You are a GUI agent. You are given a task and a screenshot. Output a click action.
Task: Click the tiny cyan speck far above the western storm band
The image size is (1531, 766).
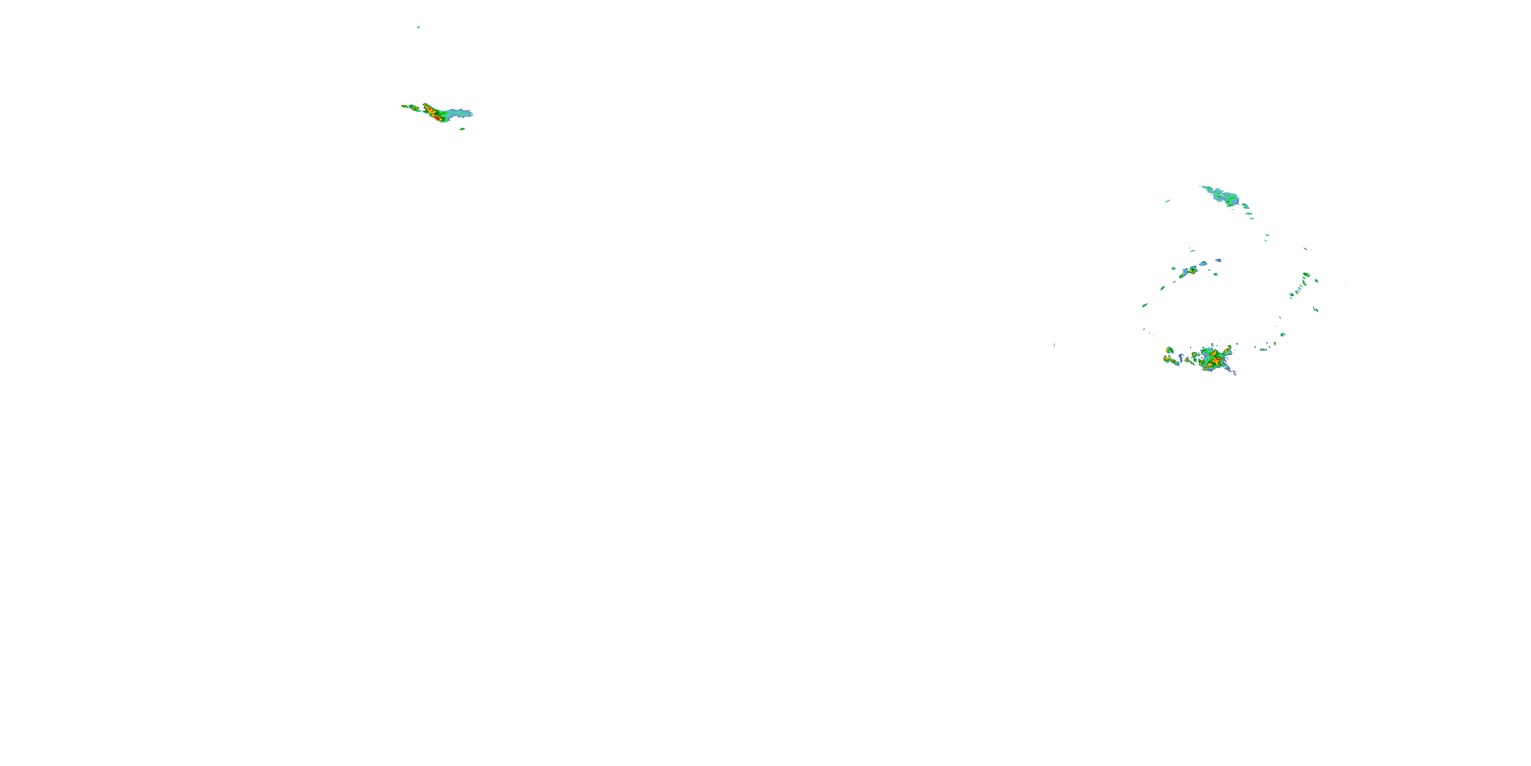[418, 27]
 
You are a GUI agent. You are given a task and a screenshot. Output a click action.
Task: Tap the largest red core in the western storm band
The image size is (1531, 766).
[437, 118]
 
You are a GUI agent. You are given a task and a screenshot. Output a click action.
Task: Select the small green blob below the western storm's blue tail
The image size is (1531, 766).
[462, 129]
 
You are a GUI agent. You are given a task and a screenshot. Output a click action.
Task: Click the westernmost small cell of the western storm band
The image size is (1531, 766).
[405, 106]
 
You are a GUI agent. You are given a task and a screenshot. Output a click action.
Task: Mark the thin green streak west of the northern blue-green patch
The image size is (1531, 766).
[1168, 201]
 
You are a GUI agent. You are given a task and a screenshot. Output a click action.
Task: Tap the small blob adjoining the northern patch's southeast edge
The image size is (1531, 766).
[1245, 206]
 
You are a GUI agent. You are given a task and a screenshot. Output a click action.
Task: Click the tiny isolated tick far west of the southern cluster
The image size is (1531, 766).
[1054, 344]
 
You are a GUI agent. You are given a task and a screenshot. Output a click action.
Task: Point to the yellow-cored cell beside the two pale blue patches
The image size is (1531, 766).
[1191, 271]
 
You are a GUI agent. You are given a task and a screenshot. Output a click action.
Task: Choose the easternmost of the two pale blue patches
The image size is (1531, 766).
[1218, 260]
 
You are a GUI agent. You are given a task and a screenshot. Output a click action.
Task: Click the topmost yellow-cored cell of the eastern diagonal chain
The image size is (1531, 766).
[1306, 274]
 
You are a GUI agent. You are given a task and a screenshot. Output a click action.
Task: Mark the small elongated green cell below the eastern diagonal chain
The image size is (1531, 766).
[1316, 310]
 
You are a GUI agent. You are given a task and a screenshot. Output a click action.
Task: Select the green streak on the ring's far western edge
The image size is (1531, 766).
[1145, 305]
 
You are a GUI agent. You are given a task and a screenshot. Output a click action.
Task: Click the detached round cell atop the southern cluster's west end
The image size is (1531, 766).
[1170, 350]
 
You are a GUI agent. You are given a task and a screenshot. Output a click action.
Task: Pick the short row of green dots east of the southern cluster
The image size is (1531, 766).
[1264, 349]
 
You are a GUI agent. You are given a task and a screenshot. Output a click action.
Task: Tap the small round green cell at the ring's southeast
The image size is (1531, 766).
[1282, 334]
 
